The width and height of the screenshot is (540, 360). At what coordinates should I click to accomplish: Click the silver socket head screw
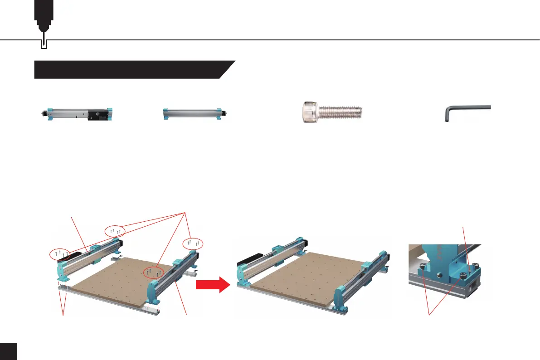[331, 111]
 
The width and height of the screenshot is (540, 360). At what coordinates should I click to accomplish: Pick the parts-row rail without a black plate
[195, 114]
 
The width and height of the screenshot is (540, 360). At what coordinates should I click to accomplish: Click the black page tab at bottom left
[8, 351]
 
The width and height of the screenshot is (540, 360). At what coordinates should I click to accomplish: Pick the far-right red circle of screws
[193, 243]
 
